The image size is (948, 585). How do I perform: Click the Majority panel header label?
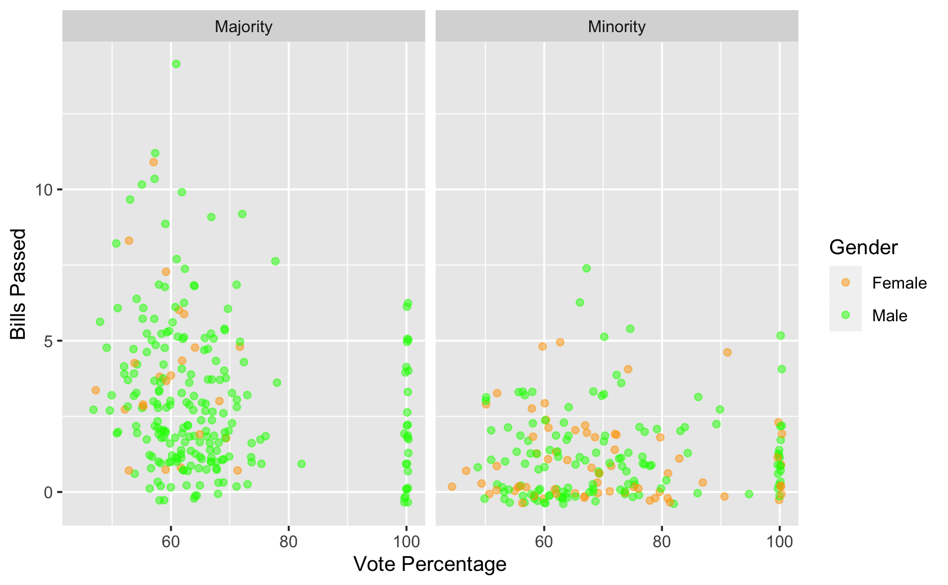[243, 26]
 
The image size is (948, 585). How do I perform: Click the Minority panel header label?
[616, 26]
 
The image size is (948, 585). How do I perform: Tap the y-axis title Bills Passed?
[19, 283]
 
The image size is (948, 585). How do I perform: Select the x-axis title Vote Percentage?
[429, 564]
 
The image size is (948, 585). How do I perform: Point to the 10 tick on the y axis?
[44, 189]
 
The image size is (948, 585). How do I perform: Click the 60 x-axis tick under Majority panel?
[171, 542]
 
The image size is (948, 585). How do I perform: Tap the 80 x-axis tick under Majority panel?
[288, 542]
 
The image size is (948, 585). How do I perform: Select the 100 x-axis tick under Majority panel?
[406, 542]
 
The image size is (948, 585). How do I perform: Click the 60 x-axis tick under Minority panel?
[544, 542]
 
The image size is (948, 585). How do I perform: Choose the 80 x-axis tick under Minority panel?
[661, 542]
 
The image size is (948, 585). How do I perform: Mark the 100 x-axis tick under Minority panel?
[779, 542]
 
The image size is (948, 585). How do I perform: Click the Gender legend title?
[863, 247]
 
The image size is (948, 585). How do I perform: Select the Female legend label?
[899, 283]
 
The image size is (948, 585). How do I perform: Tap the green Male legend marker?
[845, 315]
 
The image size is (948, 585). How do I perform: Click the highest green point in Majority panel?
[176, 64]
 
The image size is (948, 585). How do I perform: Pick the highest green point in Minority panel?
[586, 268]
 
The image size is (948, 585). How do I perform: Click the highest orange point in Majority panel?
[153, 162]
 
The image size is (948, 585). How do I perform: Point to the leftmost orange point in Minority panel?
[452, 486]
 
